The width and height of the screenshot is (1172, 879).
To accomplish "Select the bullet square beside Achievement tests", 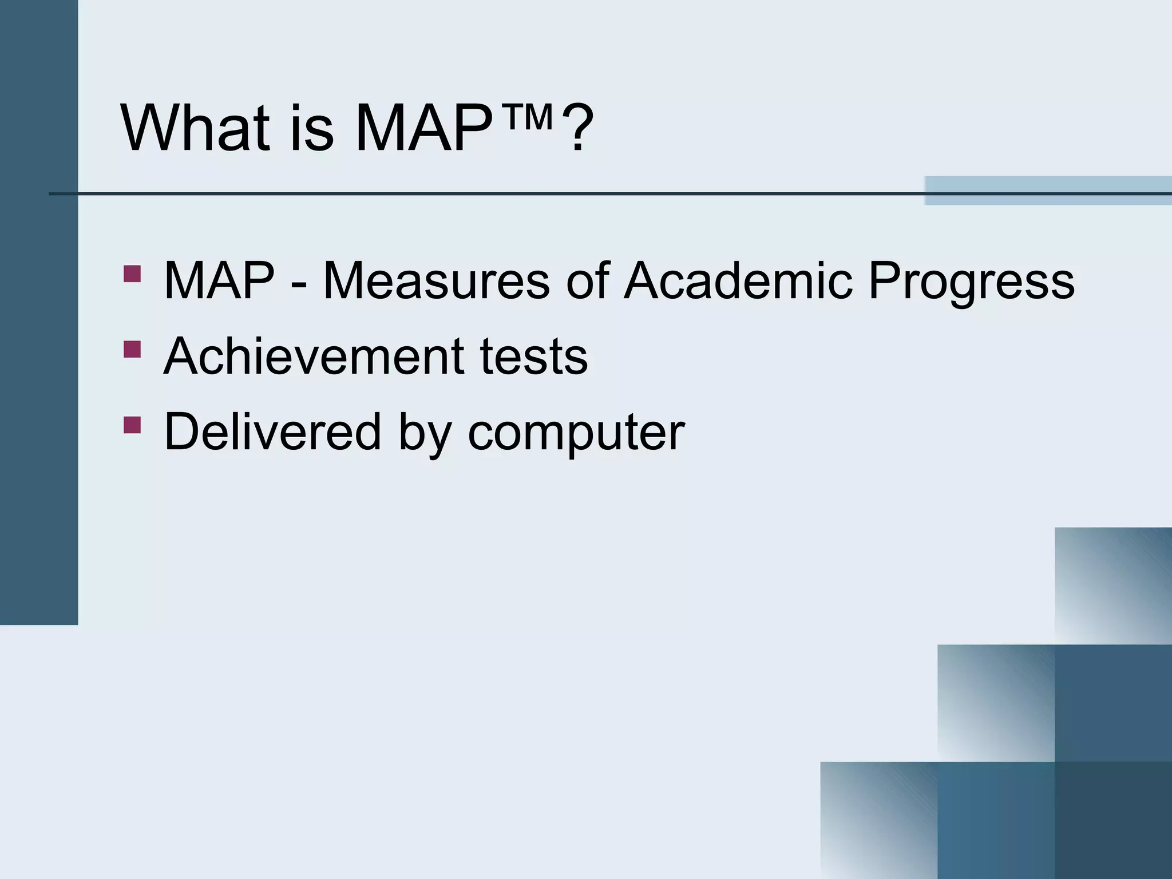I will tap(132, 349).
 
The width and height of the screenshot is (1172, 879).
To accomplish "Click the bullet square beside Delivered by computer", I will tap(132, 425).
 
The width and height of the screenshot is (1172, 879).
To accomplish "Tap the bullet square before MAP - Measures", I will tap(132, 274).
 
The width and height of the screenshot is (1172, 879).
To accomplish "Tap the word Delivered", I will tap(272, 431).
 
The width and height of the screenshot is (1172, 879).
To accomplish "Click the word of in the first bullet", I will tap(587, 280).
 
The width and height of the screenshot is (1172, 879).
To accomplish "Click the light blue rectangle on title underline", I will tap(1047, 190).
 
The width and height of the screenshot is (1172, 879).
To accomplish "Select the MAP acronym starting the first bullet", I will tap(219, 280).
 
